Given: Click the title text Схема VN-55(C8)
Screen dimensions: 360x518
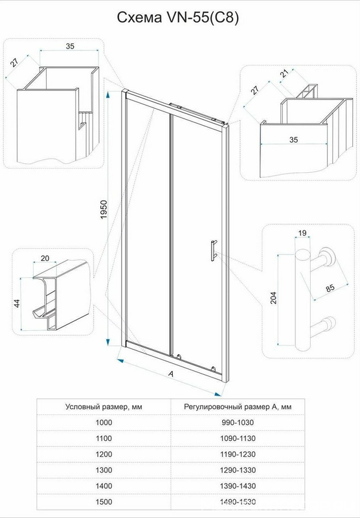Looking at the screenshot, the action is coord(177,17).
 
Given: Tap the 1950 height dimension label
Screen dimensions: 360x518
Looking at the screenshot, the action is coord(104,209).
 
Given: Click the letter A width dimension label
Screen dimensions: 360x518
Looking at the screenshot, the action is coord(171,374).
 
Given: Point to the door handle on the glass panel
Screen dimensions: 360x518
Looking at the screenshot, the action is coord(214,251).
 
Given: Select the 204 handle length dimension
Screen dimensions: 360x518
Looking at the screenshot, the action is coord(273,298).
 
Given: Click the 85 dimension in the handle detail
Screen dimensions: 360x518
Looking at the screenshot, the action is coord(330,287).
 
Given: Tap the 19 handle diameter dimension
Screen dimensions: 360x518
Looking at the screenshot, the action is coord(302,233).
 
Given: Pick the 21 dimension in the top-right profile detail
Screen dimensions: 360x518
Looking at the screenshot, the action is coord(284,74).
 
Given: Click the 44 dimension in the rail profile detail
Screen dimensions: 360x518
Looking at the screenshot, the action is coord(17,303).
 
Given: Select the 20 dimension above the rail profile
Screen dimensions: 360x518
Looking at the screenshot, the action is coord(44,258).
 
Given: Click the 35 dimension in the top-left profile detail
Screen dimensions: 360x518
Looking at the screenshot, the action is coord(70,46).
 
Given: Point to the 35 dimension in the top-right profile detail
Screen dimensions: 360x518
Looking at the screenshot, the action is coord(293,140).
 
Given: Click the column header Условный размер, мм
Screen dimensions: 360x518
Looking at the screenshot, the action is coord(104,407).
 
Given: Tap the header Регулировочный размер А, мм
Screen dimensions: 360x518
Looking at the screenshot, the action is coord(238,407).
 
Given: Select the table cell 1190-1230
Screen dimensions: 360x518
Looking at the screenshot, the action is coord(238,455).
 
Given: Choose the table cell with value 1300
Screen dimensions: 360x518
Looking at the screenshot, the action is coord(104,470).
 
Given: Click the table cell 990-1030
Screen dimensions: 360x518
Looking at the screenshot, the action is coord(238,423).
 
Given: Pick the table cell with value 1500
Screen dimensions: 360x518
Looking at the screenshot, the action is coord(104,502).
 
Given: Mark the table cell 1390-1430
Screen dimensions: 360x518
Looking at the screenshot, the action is coord(238,486).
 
